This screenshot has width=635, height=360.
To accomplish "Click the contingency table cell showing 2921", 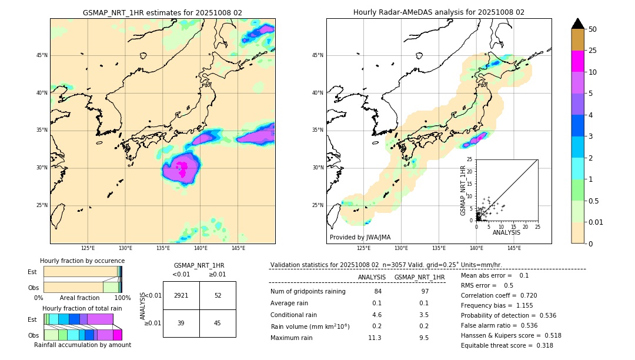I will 181,295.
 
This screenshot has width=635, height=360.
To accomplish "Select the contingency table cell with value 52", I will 218,295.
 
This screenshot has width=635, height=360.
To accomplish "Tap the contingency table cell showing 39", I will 181,322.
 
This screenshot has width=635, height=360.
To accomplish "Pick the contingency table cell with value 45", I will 218,322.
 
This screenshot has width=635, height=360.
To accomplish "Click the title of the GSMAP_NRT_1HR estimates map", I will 162,12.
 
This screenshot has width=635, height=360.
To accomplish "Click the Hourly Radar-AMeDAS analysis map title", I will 439,12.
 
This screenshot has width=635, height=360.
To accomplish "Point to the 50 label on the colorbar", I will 593,29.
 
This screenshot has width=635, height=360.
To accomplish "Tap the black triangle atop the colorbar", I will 578,24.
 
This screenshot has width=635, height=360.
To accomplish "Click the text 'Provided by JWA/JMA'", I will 360,237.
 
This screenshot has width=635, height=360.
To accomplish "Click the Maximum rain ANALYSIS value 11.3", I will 375,338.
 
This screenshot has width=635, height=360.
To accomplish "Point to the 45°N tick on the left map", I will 42,55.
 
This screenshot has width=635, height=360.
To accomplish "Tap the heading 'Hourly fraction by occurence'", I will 82,261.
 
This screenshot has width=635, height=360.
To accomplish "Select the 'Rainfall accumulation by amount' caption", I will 83,345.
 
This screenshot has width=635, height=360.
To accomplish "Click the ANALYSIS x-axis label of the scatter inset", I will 506,232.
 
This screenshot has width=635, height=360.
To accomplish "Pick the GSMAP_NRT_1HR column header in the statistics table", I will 419,277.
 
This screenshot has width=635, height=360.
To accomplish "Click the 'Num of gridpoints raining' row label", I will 308,291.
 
